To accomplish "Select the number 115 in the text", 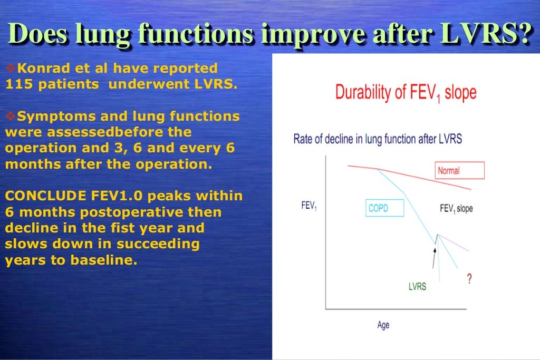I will pyautogui.click(x=16, y=84).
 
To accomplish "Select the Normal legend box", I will pyautogui.click(x=459, y=170).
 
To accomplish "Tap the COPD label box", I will pyautogui.click(x=384, y=208).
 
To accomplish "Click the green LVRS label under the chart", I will pyautogui.click(x=417, y=287).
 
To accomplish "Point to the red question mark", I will pyautogui.click(x=469, y=279).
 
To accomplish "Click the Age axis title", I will pyautogui.click(x=383, y=325).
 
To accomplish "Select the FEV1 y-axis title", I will pyautogui.click(x=309, y=206).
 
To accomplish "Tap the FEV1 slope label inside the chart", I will pyautogui.click(x=456, y=208).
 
